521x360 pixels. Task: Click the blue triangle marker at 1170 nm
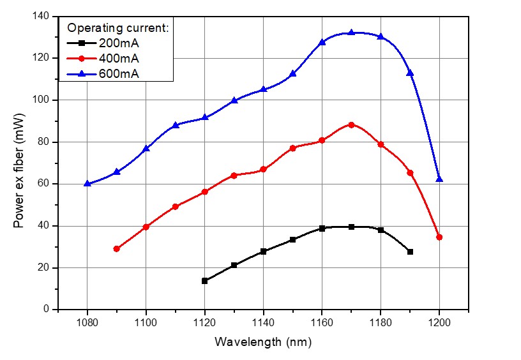[x=351, y=33]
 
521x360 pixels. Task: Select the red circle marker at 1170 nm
[x=351, y=124]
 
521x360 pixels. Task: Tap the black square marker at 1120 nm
[x=204, y=281]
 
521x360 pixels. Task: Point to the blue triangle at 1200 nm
[x=439, y=179]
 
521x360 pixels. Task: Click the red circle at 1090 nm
[x=117, y=249]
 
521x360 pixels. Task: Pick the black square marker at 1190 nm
[x=410, y=251]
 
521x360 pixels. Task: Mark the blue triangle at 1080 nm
[x=87, y=183]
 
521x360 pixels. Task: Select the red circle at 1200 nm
[x=439, y=237]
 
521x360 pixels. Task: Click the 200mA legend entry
[x=118, y=43]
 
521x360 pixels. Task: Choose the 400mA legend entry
[x=118, y=59]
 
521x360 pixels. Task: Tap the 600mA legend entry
[x=118, y=74]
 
